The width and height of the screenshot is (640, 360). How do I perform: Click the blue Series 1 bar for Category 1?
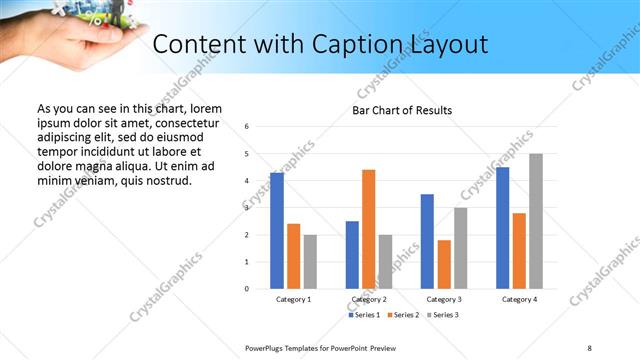(x=277, y=231)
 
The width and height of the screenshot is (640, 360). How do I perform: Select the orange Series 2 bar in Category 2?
(x=369, y=229)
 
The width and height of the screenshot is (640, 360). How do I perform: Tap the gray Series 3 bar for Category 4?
(x=536, y=221)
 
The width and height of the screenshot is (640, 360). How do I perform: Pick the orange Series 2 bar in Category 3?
(x=444, y=264)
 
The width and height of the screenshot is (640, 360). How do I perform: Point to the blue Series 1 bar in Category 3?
(x=427, y=241)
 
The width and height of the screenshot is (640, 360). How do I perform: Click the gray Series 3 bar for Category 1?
(x=310, y=262)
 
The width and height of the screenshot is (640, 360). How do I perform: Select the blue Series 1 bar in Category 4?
(x=502, y=228)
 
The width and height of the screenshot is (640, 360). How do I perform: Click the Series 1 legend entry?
(x=363, y=315)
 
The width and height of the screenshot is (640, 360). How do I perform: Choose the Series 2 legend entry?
(x=402, y=315)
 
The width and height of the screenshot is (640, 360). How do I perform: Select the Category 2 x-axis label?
(x=369, y=299)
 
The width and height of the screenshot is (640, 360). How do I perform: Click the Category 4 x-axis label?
(x=519, y=299)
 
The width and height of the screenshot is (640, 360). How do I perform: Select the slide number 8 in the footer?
(x=588, y=347)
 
